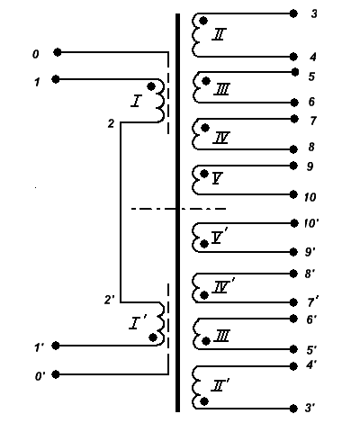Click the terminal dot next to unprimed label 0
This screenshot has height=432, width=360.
[58, 52]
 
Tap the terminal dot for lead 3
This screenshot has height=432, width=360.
[293, 13]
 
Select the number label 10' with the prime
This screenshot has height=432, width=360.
[311, 223]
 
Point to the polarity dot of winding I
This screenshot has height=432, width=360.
[151, 86]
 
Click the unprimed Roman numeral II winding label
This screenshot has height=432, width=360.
[219, 34]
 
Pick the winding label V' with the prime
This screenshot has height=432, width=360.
[220, 237]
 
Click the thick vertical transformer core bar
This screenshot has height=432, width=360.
[177, 212]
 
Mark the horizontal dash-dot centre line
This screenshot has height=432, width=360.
[178, 209]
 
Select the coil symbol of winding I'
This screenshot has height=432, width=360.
[161, 324]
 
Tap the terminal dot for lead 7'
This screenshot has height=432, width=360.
[293, 302]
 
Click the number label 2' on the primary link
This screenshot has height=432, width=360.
[110, 300]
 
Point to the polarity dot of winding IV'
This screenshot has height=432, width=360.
[204, 295]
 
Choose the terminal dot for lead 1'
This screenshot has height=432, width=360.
[56, 346]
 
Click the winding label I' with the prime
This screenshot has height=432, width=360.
[138, 323]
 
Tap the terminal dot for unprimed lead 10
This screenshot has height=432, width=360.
[293, 194]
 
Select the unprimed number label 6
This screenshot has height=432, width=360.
[311, 102]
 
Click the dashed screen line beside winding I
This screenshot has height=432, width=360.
[168, 93]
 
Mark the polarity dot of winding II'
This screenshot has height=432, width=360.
[204, 401]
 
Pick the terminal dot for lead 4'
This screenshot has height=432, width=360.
[293, 366]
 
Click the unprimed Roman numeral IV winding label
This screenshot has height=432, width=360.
[221, 138]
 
